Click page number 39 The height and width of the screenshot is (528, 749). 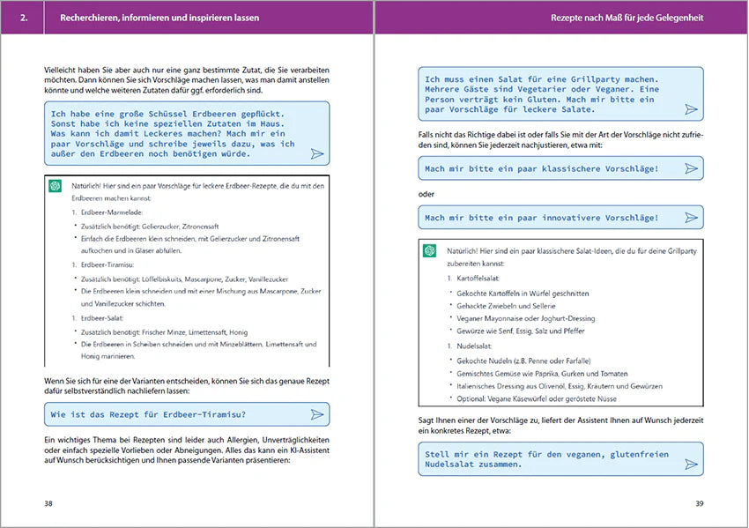coord(699,503)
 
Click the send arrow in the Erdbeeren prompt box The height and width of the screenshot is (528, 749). coord(317,154)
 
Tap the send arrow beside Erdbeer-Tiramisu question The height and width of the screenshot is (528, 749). coord(317,414)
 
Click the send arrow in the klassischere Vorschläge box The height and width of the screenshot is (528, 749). coord(691,168)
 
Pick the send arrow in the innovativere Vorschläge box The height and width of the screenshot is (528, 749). coord(691,218)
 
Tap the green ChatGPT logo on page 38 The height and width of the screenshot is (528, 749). coord(56,185)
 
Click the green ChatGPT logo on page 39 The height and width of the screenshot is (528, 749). coord(430,250)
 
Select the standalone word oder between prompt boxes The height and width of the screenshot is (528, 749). coord(426,194)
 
